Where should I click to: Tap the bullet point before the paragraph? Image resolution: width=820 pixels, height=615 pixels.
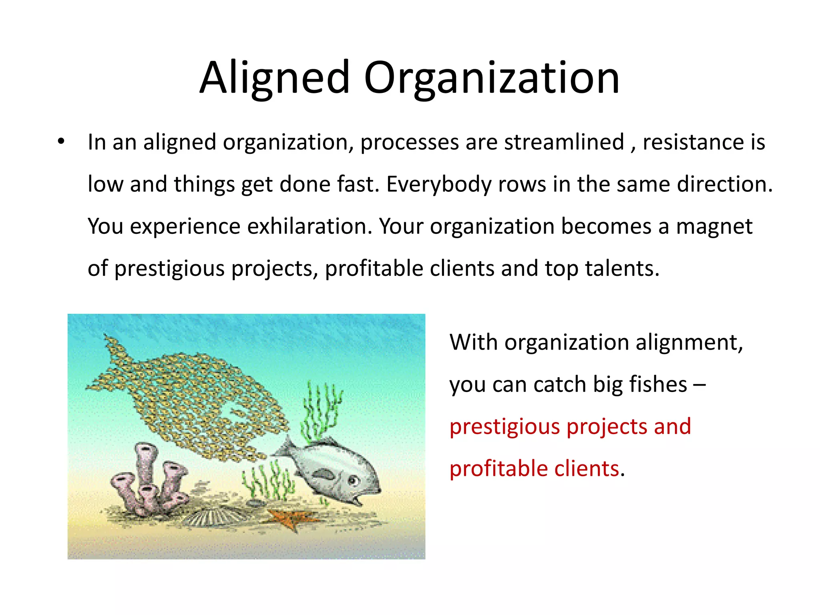click(x=61, y=141)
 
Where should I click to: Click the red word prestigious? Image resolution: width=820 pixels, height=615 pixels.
click(x=504, y=427)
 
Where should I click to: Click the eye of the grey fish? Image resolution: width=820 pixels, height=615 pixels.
click(x=353, y=480)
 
